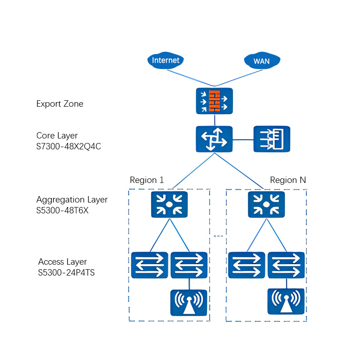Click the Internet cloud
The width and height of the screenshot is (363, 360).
click(x=166, y=60)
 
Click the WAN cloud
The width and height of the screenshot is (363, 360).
click(x=261, y=61)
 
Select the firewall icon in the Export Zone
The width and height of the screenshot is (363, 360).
click(x=214, y=101)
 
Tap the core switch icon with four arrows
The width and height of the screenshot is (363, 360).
click(x=214, y=139)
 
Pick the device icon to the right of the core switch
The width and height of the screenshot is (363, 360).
click(x=271, y=139)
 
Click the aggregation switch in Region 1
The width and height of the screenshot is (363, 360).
click(x=169, y=204)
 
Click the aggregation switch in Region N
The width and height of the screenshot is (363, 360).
click(x=266, y=204)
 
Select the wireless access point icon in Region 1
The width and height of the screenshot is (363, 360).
click(x=188, y=302)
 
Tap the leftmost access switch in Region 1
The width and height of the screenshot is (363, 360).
click(x=149, y=265)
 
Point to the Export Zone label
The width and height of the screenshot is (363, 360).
click(x=60, y=104)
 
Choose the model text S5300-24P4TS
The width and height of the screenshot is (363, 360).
click(x=66, y=272)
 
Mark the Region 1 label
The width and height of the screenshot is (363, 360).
click(x=147, y=180)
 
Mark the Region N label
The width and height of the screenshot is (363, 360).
click(x=288, y=180)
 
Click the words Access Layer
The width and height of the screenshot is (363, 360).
click(x=62, y=262)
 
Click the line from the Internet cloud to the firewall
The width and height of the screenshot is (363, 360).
click(x=191, y=77)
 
